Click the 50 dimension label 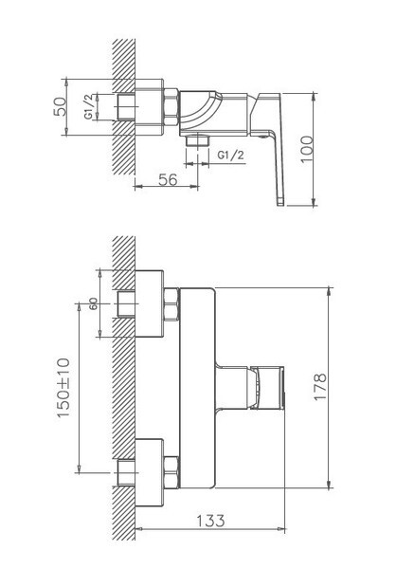[x=61, y=106]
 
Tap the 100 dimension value [x=307, y=150]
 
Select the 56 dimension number [x=168, y=179]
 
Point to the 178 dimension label [x=320, y=387]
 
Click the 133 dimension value [x=210, y=521]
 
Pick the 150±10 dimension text [x=63, y=388]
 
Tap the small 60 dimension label [x=94, y=303]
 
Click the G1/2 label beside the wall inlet [x=90, y=106]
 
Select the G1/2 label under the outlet [x=231, y=155]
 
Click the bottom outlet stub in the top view [x=198, y=140]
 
